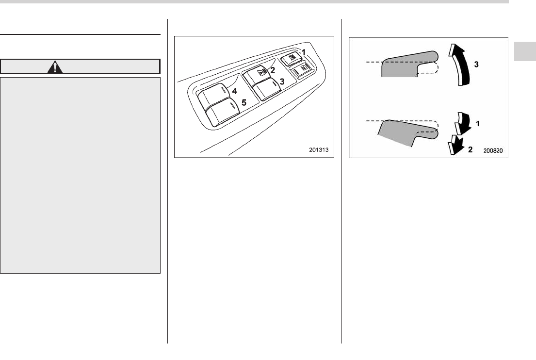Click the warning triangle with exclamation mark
click(x=57, y=66)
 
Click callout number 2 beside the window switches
click(x=273, y=70)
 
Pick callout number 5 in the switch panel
click(x=244, y=103)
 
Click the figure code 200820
click(x=494, y=151)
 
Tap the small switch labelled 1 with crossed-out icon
click(x=292, y=57)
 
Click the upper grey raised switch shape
click(x=403, y=65)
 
